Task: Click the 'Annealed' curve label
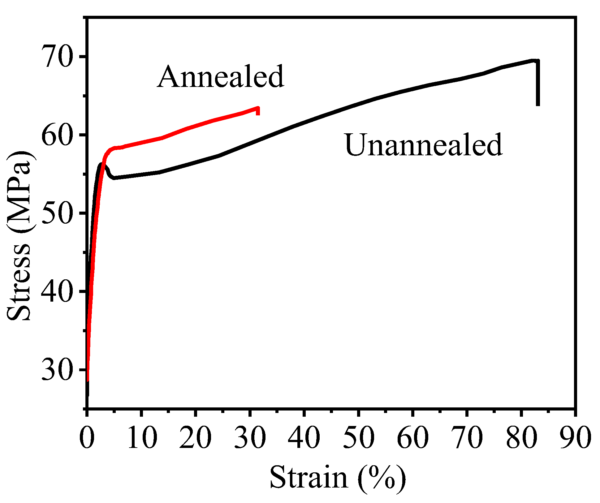(220, 77)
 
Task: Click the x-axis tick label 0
(87, 438)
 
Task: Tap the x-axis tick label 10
(141, 438)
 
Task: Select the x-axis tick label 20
(196, 438)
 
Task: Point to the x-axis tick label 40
(304, 438)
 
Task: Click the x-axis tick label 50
(358, 438)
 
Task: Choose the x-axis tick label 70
(467, 438)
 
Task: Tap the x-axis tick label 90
(575, 438)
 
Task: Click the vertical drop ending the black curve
(538, 84)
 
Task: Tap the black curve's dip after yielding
(114, 178)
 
